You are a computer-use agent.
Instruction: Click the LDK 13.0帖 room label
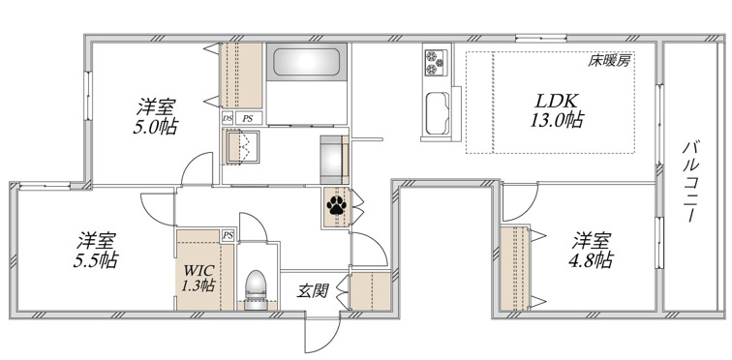click(557, 110)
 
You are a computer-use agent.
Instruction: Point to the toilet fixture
click(256, 289)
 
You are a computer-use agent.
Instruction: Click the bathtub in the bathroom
click(306, 62)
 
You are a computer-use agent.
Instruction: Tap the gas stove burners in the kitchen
click(436, 63)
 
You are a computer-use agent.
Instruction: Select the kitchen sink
click(438, 113)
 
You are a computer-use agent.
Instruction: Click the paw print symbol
click(336, 205)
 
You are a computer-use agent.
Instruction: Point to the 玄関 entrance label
click(313, 291)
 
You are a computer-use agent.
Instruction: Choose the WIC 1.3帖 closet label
click(198, 278)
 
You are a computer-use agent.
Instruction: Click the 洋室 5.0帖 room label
click(156, 116)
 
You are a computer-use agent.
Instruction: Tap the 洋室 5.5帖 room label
click(96, 250)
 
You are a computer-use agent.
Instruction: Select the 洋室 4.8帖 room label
click(591, 250)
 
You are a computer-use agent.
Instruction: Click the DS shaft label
click(228, 118)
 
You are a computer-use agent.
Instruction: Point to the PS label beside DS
click(248, 118)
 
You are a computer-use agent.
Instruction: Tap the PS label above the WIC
click(228, 235)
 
